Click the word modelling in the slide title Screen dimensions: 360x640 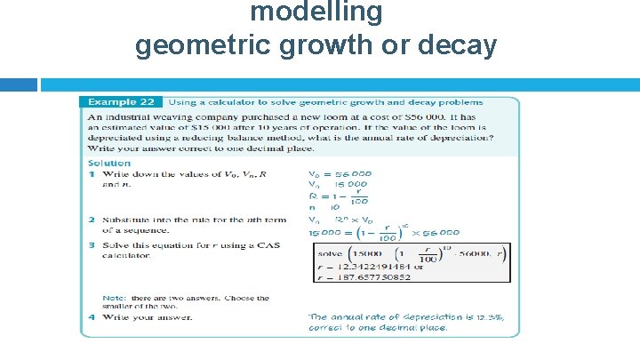point(328,12)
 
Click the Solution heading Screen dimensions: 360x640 point(108,164)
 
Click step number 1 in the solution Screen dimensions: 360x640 point(91,174)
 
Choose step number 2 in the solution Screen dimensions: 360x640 point(91,220)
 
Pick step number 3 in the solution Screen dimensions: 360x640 point(91,244)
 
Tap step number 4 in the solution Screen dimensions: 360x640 point(91,317)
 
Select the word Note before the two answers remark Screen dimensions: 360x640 point(113,299)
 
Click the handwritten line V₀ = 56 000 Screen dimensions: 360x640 point(340,174)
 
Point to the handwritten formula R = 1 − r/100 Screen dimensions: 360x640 point(340,195)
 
